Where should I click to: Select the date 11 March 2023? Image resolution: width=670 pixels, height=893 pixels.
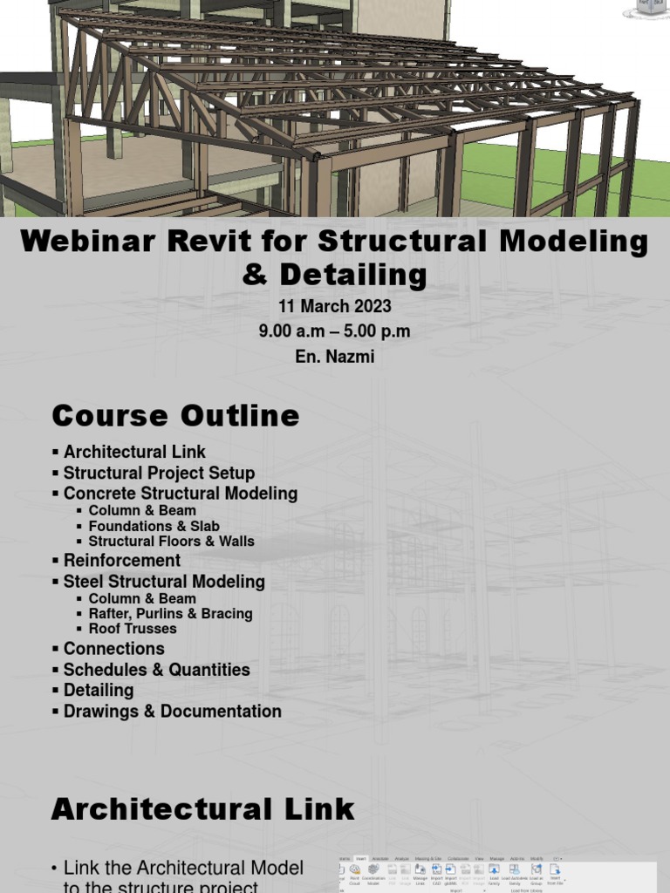click(335, 307)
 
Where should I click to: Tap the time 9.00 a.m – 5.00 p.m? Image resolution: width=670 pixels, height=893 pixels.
click(335, 331)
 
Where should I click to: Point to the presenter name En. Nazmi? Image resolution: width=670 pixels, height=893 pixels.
click(335, 356)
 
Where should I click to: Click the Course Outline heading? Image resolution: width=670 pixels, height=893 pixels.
click(175, 416)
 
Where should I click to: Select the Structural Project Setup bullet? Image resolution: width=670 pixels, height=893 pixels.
click(159, 473)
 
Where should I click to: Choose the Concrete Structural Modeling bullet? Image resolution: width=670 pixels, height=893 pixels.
click(180, 494)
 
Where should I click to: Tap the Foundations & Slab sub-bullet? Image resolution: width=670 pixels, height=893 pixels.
click(154, 526)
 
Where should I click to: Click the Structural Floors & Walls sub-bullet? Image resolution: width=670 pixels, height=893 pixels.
click(171, 542)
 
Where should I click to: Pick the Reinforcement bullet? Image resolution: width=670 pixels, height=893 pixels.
click(121, 561)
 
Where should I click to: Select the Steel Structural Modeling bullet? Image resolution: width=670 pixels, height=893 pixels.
click(164, 582)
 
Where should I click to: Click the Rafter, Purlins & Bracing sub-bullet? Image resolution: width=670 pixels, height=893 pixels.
click(170, 614)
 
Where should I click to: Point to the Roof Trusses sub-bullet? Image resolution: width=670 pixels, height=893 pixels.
click(132, 629)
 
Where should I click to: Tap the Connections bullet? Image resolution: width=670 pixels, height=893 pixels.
click(113, 649)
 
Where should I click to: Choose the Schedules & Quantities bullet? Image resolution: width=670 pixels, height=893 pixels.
click(156, 670)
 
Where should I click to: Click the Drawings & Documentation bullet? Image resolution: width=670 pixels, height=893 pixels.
click(172, 712)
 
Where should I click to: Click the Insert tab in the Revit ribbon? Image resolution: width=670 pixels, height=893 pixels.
click(360, 859)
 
